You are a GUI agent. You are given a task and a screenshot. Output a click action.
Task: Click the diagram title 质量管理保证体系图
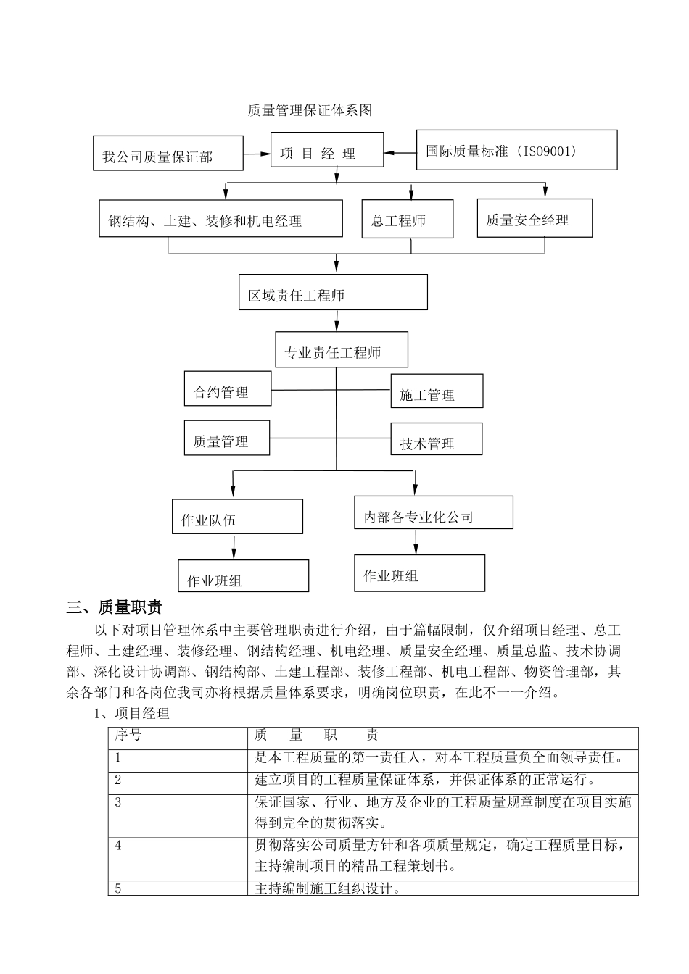pos(310,110)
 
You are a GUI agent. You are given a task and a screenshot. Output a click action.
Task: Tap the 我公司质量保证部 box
pos(168,153)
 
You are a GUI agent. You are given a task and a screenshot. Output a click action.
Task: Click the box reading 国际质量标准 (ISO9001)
pos(516,150)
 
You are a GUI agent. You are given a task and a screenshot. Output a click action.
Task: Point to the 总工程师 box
pos(408,219)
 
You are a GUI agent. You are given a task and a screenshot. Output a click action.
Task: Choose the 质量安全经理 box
pos(535,217)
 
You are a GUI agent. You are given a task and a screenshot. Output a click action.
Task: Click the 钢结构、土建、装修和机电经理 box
pos(220,218)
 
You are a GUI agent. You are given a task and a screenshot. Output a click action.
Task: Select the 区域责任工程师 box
pos(333,292)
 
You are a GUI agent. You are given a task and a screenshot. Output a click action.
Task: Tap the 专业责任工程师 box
pos(342,350)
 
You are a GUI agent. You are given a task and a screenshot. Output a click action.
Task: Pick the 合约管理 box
pos(228,388)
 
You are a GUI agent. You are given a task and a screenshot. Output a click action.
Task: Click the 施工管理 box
pos(437,391)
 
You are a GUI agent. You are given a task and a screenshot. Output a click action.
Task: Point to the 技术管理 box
pos(436,439)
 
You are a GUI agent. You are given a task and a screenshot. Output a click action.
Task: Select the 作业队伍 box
pos(237,517)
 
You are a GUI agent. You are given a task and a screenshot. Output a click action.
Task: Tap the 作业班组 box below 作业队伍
pos(243,576)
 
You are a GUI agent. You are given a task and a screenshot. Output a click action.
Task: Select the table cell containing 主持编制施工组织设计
pos(442,888)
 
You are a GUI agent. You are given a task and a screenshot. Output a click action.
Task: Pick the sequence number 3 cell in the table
pos(178,815)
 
